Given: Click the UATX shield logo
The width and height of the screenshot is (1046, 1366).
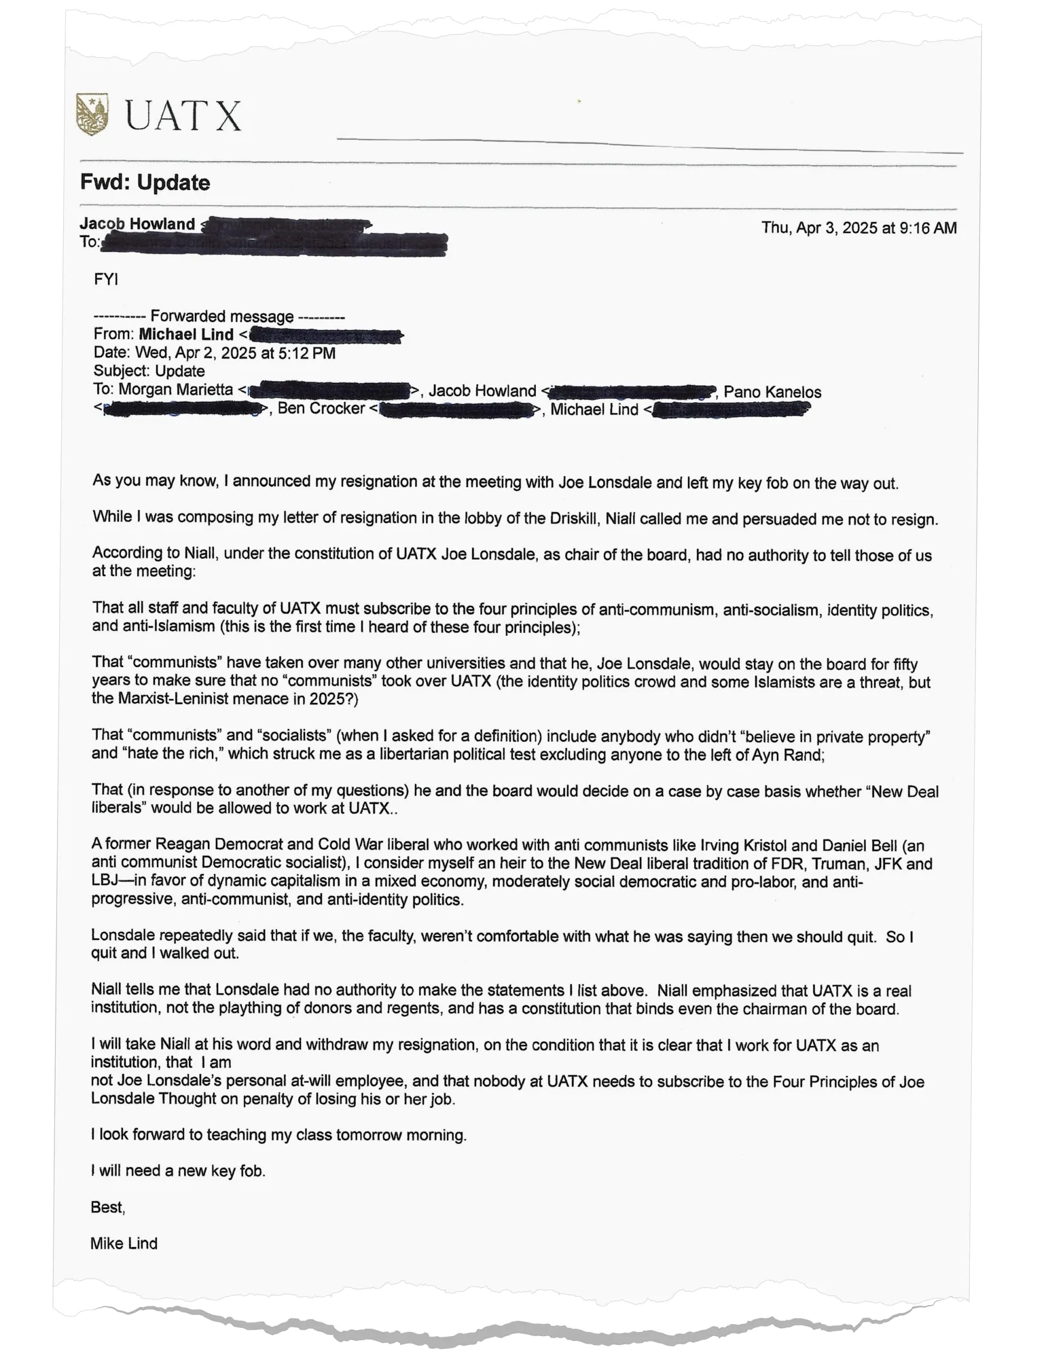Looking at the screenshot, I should pos(94,115).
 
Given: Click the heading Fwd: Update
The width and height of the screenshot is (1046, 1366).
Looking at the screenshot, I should pos(145,183).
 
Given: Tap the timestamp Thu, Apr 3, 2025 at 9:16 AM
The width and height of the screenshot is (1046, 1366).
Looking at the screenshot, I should pos(859,228).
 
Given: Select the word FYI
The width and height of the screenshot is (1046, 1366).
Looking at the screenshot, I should pos(106,279).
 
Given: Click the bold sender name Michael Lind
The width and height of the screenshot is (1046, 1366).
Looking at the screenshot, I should pos(185,334).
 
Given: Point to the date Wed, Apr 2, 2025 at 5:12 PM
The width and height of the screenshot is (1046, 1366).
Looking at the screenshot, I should pos(235,353).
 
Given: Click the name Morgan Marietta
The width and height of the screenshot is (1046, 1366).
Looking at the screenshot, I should pos(175,391).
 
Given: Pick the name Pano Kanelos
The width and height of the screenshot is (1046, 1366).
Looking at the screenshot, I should pos(772,392).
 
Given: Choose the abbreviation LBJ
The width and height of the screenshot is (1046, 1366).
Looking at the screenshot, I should pos(106,882).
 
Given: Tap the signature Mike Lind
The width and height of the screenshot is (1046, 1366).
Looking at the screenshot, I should pos(124,1243).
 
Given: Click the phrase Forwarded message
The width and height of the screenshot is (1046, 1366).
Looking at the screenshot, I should pos(221,316).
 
